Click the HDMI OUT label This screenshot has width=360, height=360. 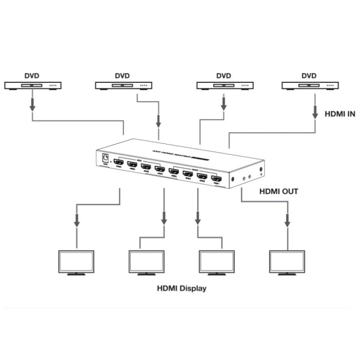tap(278, 191)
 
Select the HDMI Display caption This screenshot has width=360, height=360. tap(182, 288)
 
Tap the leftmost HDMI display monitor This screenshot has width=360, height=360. tap(76, 262)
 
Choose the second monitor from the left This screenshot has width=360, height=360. tap(147, 262)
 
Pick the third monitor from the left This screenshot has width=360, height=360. tap(217, 262)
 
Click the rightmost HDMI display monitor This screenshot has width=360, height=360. tap(287, 262)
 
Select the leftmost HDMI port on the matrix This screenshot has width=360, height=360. tap(119, 161)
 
